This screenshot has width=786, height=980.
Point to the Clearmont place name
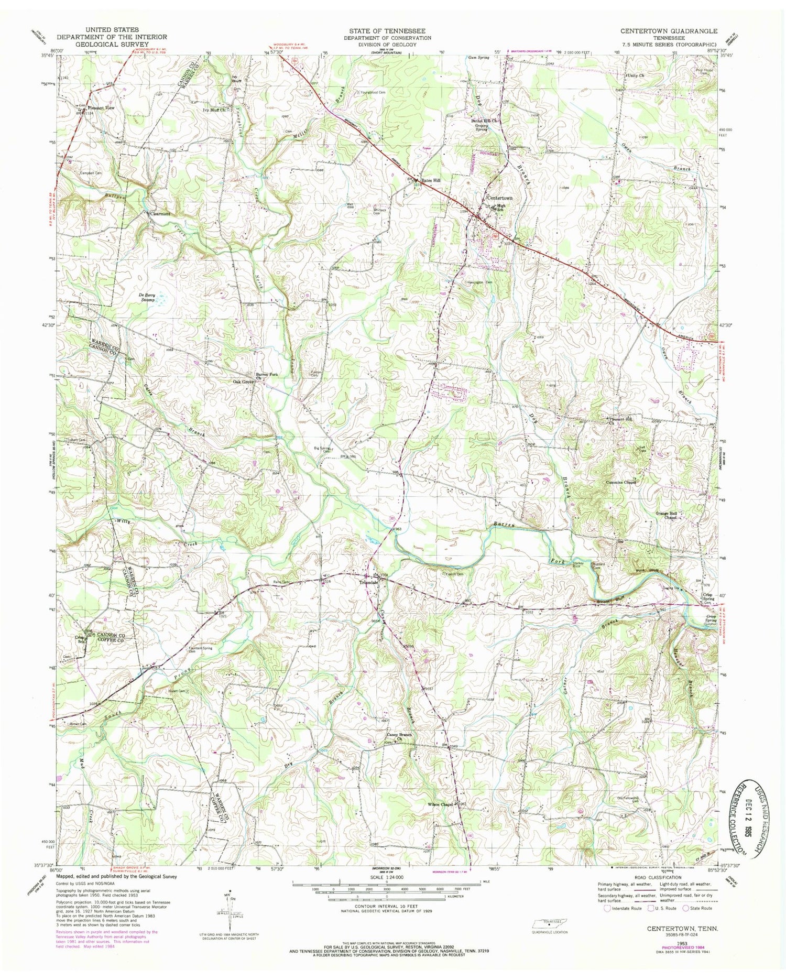[x=160, y=214]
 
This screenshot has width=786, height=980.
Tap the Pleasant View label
[x=101, y=108]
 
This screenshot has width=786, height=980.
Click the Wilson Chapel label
[x=439, y=804]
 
